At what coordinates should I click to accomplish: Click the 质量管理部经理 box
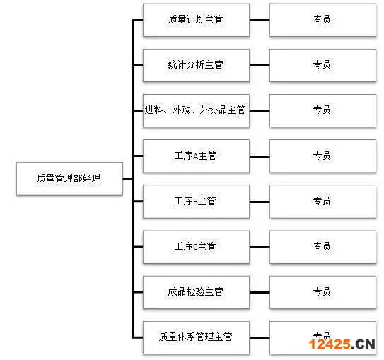point(69,178)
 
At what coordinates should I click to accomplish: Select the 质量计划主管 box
point(196,20)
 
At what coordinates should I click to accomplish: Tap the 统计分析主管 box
point(196,65)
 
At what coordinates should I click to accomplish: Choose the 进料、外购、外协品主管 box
point(196,110)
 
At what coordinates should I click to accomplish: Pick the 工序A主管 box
point(196,156)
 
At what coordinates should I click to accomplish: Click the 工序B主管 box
point(196,202)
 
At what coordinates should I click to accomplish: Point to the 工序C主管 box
point(196,247)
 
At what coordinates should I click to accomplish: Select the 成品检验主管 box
point(196,292)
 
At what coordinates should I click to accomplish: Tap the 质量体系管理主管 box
point(196,337)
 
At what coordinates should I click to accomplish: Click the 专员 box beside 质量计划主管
point(322,20)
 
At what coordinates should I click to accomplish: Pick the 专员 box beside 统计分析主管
point(322,65)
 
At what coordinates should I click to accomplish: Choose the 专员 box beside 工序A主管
point(322,156)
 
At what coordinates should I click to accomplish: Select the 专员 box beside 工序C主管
point(322,247)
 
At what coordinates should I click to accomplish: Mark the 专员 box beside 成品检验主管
point(322,292)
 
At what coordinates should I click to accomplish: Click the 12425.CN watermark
point(342,344)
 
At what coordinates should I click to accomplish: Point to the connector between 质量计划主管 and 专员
point(260,20)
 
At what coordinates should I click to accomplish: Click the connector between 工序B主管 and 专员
point(260,202)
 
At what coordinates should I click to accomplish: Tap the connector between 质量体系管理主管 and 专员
point(260,337)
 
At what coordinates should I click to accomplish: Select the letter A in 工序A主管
point(195,156)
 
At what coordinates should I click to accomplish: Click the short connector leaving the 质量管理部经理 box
point(127,179)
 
